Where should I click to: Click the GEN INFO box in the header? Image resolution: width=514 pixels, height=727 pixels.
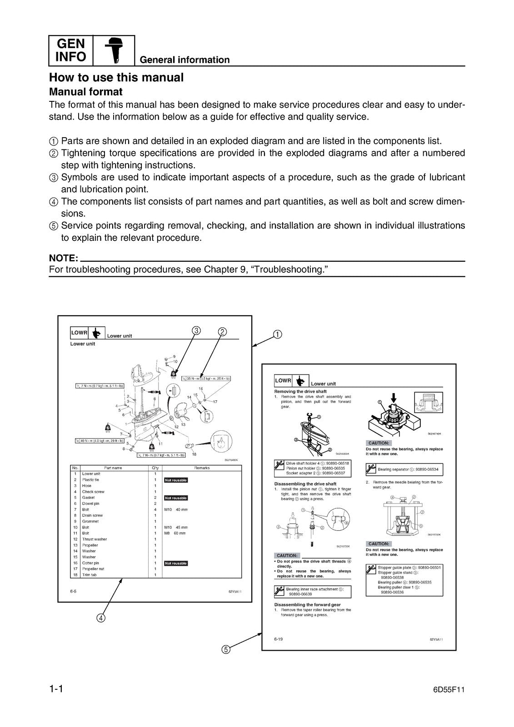(x=71, y=50)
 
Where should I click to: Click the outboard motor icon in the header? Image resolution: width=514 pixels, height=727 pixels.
(x=114, y=50)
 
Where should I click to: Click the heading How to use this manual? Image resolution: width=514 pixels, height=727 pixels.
(x=116, y=78)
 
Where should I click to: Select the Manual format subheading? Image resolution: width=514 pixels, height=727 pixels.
(x=86, y=92)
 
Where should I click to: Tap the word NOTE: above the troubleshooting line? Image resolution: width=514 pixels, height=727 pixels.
(x=64, y=259)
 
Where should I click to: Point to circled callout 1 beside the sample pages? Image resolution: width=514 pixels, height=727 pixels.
(x=277, y=334)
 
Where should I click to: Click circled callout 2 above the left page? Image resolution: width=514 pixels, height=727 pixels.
(x=222, y=331)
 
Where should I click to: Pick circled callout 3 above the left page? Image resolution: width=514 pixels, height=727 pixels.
(x=196, y=330)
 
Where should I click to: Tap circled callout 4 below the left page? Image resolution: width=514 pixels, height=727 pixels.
(x=101, y=618)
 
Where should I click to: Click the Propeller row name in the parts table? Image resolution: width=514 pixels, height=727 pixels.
(x=90, y=545)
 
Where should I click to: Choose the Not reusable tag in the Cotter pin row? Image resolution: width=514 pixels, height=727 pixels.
(x=176, y=563)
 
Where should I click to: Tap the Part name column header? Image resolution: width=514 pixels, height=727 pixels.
(x=113, y=468)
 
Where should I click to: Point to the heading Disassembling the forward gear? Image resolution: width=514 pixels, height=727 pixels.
(x=307, y=605)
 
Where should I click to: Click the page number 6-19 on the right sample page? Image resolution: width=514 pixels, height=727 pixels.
(x=279, y=639)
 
